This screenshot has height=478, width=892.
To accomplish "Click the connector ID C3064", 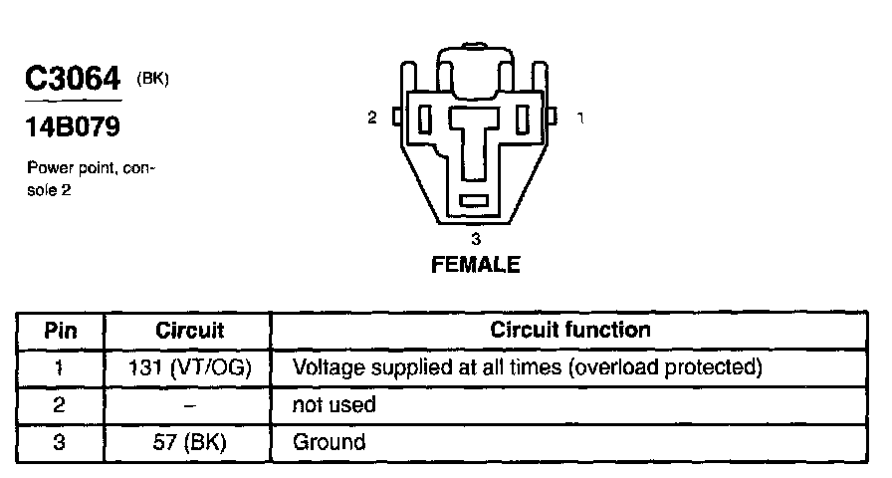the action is point(73,79).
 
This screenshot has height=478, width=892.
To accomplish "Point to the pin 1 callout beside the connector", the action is point(580,118).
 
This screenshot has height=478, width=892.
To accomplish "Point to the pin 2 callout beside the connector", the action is point(372,118).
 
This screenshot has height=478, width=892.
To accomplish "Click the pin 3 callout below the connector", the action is point(475,239).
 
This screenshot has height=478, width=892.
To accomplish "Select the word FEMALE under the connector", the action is point(475,265).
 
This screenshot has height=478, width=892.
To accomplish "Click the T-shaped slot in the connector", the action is point(475,139).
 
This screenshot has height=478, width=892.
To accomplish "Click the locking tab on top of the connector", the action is point(473,62).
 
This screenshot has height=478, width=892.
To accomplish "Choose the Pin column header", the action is point(61,330).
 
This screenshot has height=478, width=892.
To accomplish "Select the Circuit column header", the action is point(189,330).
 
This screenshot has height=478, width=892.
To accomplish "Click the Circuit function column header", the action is point(570,330).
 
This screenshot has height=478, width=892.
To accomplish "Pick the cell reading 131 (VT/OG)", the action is point(189,367).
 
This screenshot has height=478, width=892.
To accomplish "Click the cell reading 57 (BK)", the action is point(189,441).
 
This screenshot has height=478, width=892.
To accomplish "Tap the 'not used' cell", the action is point(334,404).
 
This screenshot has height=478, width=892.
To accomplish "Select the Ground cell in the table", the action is point(329,441).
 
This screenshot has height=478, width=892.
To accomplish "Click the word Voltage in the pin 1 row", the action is point(325,367).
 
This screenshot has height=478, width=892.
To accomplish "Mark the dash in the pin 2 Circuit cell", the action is point(189,404).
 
